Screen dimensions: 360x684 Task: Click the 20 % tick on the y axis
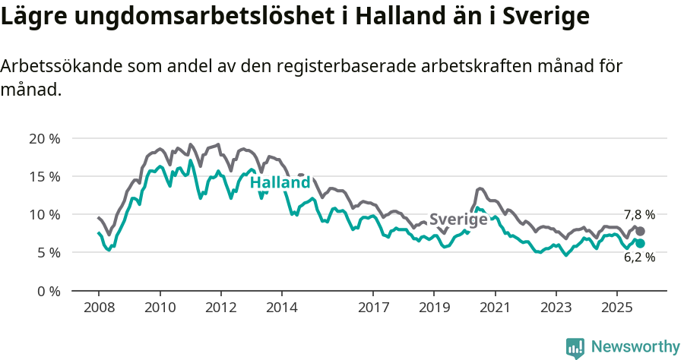coord(44,138)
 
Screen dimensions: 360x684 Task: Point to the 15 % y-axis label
coord(44,176)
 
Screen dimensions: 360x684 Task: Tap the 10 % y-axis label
coord(44,214)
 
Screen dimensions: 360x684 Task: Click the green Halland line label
coord(280,183)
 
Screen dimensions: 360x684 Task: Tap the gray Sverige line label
coord(458,219)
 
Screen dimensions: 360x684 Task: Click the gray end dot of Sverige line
coord(640,231)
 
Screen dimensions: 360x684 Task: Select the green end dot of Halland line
coord(640,243)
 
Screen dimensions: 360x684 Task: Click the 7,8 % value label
coord(639,215)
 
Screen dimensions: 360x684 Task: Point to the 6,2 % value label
coord(639,257)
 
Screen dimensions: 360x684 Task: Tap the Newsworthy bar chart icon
coord(575,347)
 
